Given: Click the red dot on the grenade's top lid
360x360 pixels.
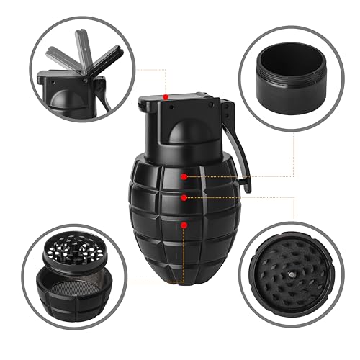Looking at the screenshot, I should [166, 96].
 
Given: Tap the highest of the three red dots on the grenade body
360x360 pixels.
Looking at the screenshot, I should [185, 176].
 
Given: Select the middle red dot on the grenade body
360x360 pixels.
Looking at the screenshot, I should [184, 196].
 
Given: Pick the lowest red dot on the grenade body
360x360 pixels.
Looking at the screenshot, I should [184, 225].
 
